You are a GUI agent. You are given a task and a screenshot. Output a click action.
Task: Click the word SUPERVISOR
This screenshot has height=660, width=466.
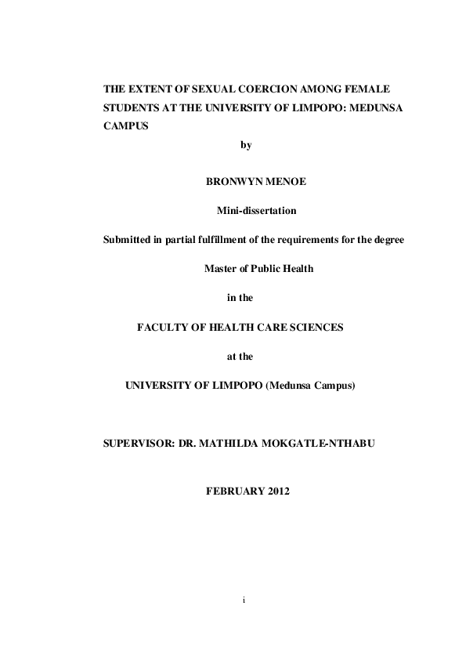135,444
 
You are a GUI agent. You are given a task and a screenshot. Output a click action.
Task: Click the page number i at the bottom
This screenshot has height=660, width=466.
244,600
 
